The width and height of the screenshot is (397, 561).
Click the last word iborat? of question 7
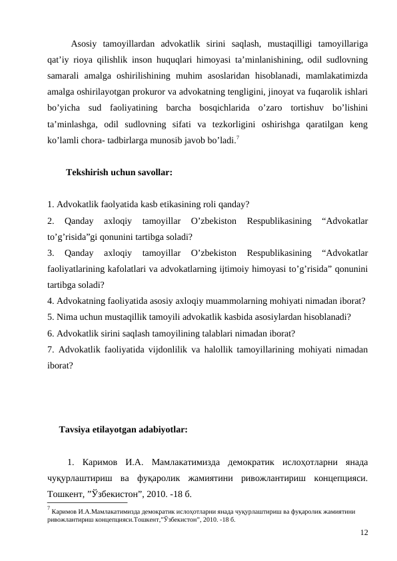coord(60,365)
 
